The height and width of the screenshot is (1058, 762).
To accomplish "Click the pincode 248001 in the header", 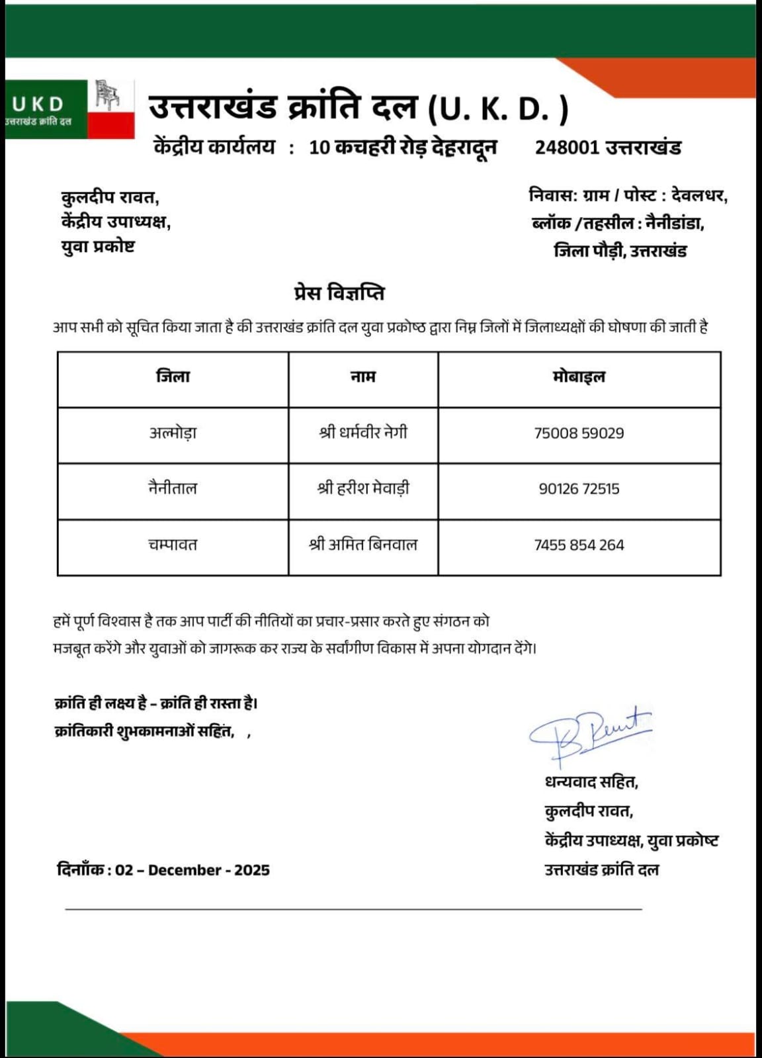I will (x=567, y=148).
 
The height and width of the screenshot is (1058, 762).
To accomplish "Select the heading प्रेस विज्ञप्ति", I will (x=339, y=293).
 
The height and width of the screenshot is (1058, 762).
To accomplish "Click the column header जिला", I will (x=173, y=377).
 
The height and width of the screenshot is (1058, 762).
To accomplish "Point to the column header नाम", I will (x=363, y=377).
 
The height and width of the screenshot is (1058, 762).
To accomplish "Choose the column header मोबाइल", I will (x=579, y=377).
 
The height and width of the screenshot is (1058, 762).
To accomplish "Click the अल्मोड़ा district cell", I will (x=173, y=433).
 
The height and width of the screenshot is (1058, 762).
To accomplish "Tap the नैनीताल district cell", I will (x=173, y=489).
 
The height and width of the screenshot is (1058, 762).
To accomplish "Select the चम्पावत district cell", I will (x=173, y=545).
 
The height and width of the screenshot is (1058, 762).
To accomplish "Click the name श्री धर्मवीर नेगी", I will (x=363, y=433).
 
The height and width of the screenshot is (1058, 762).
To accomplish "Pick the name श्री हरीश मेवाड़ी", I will (x=363, y=489).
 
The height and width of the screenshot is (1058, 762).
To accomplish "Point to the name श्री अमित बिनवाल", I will (x=363, y=545).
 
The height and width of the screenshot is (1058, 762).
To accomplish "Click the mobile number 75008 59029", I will (x=579, y=433).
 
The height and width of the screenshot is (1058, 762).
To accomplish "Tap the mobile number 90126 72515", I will (x=579, y=489).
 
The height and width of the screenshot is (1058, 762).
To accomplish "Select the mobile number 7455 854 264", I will (x=579, y=545).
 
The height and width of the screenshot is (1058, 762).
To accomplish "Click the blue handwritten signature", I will (x=589, y=731).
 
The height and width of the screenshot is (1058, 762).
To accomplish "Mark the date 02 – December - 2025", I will (x=192, y=870).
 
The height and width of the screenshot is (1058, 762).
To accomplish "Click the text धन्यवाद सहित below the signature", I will (x=591, y=783).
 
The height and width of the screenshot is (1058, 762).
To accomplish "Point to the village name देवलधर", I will (x=699, y=197).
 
